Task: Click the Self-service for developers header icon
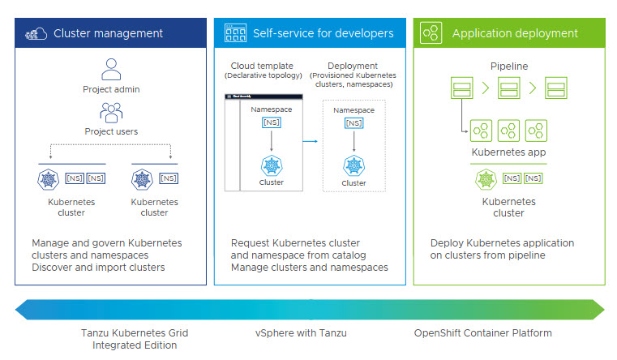pos(235,33)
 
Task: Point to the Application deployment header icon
pos(431,33)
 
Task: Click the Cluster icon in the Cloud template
pos(271,165)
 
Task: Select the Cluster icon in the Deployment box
pos(353,165)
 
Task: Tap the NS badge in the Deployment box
pos(353,123)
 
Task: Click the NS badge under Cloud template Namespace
pos(271,122)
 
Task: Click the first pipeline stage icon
pos(461,88)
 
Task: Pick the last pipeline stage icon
pos(555,88)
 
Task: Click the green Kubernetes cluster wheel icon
pos(486,178)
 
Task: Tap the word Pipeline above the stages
pos(508,65)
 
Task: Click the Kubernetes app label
pos(508,152)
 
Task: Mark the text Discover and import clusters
pos(98,268)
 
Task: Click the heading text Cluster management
pos(108,33)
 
